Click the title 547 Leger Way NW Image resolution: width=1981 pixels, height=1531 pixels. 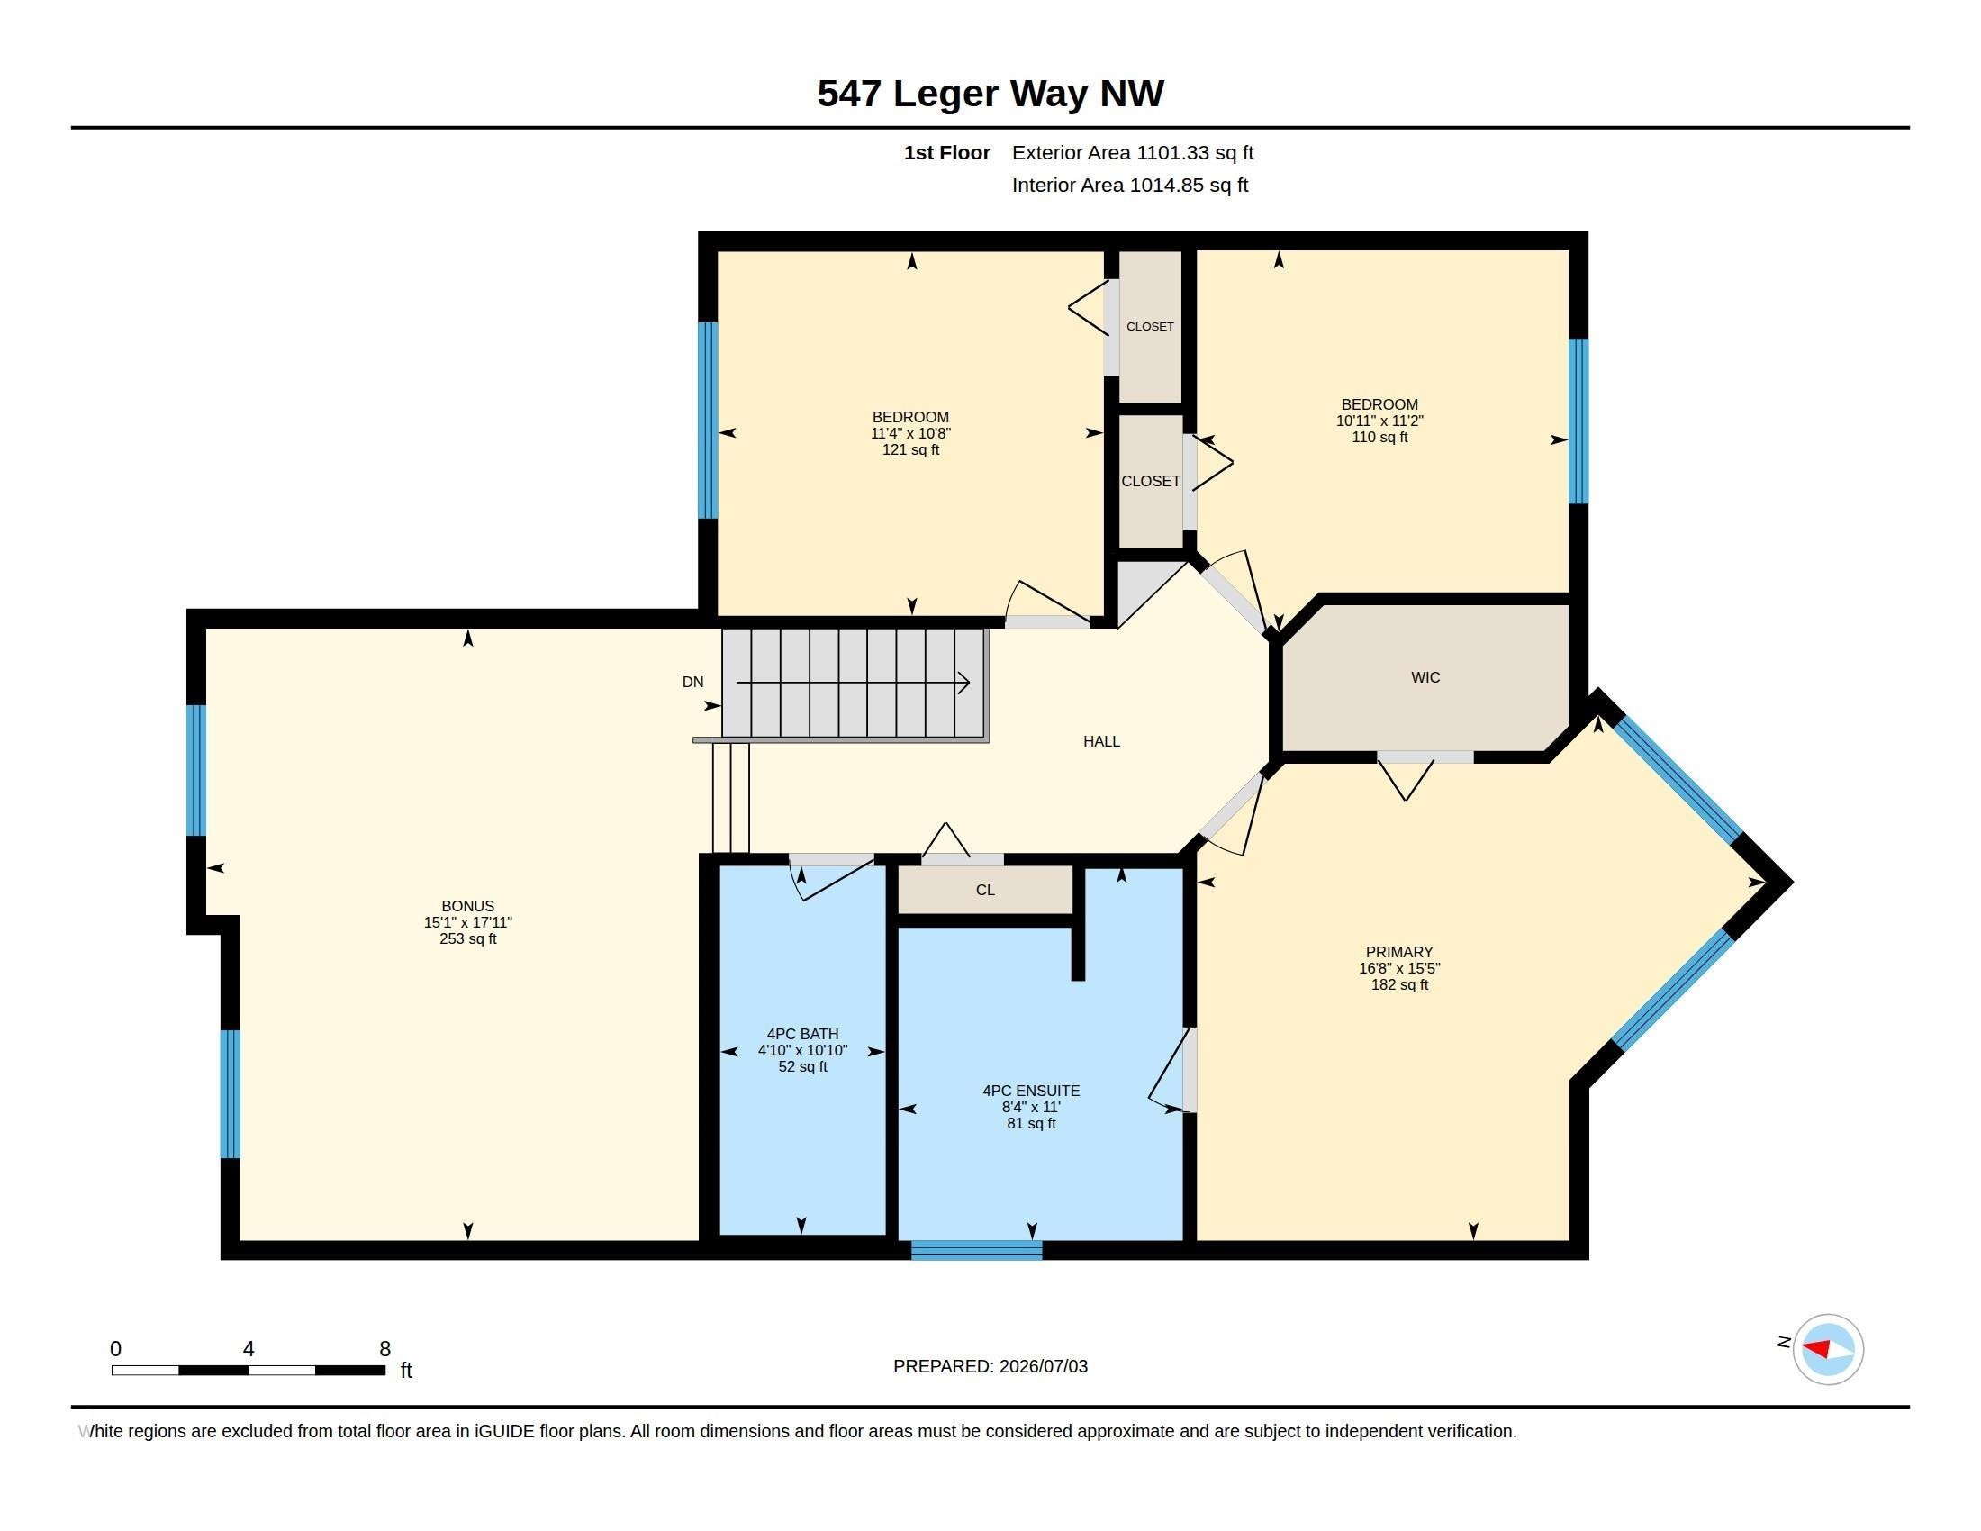pos(990,94)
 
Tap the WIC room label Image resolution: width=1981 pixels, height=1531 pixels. pos(1425,677)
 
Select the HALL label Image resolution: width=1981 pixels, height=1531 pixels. pos(1101,741)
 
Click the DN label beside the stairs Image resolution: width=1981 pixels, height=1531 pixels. pos(692,682)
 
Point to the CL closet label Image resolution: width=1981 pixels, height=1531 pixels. pos(985,890)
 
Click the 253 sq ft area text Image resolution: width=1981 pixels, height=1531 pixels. pos(468,938)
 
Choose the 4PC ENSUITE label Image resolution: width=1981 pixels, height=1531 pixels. pos(1031,1092)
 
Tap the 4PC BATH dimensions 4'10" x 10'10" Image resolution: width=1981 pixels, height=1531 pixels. pos(802,1050)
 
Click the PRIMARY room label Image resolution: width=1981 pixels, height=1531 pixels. pos(1399,951)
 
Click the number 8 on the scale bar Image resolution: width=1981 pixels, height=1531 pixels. pos(384,1349)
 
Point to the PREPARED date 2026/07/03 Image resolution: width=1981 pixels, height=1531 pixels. pos(1043,1366)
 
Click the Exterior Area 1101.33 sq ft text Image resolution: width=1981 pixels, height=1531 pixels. pos(1133,152)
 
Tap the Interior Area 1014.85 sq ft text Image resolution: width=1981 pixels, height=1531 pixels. pos(1130,185)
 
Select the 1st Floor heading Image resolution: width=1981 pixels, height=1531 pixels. pos(947,152)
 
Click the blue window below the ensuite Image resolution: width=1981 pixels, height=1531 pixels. pos(977,1250)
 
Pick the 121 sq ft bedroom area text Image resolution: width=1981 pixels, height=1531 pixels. pos(910,450)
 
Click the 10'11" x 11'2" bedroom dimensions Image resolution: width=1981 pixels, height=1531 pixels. pos(1379,421)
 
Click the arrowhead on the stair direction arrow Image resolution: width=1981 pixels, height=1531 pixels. pos(964,682)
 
